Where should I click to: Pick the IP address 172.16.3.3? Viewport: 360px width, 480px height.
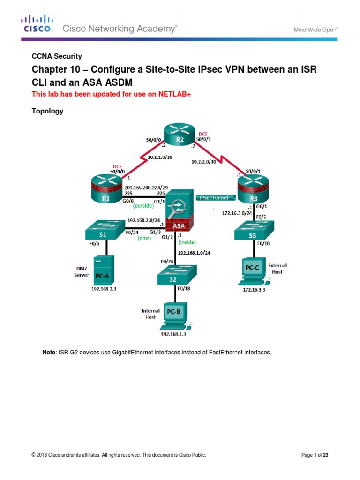click(254, 290)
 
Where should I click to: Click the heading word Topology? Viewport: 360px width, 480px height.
click(47, 112)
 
